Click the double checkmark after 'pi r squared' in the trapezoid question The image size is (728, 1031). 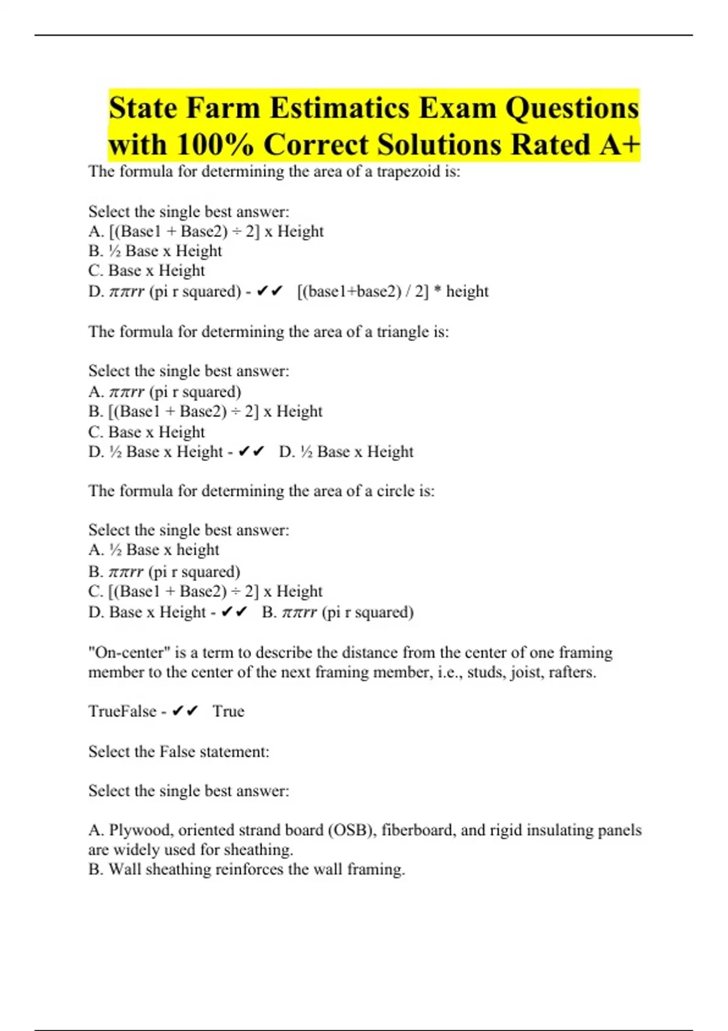click(x=270, y=292)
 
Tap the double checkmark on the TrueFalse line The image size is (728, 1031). click(x=185, y=711)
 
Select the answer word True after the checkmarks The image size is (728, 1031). click(x=228, y=711)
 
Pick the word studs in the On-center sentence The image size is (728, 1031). click(x=485, y=673)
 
